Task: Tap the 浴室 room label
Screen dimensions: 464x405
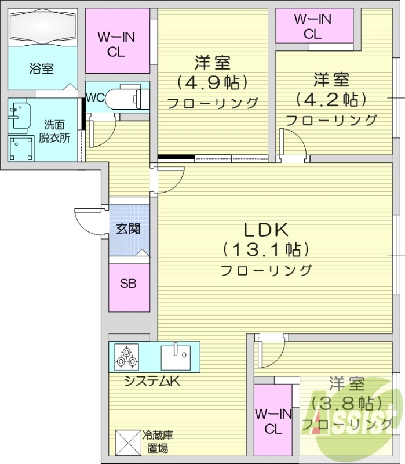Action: (42, 68)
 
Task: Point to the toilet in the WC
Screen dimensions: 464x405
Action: (124, 96)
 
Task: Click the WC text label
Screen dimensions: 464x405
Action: (96, 97)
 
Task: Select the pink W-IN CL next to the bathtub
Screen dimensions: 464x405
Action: (118, 44)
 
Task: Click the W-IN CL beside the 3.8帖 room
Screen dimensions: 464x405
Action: (273, 421)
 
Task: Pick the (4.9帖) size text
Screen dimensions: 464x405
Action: (213, 82)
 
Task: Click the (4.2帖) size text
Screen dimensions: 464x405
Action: (331, 99)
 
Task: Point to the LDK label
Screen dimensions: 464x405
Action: (265, 230)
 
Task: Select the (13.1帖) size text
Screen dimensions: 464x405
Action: (265, 249)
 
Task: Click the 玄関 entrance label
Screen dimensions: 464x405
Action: (128, 229)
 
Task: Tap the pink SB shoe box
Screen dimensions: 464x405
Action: (129, 284)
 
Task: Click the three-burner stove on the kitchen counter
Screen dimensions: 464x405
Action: (126, 356)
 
